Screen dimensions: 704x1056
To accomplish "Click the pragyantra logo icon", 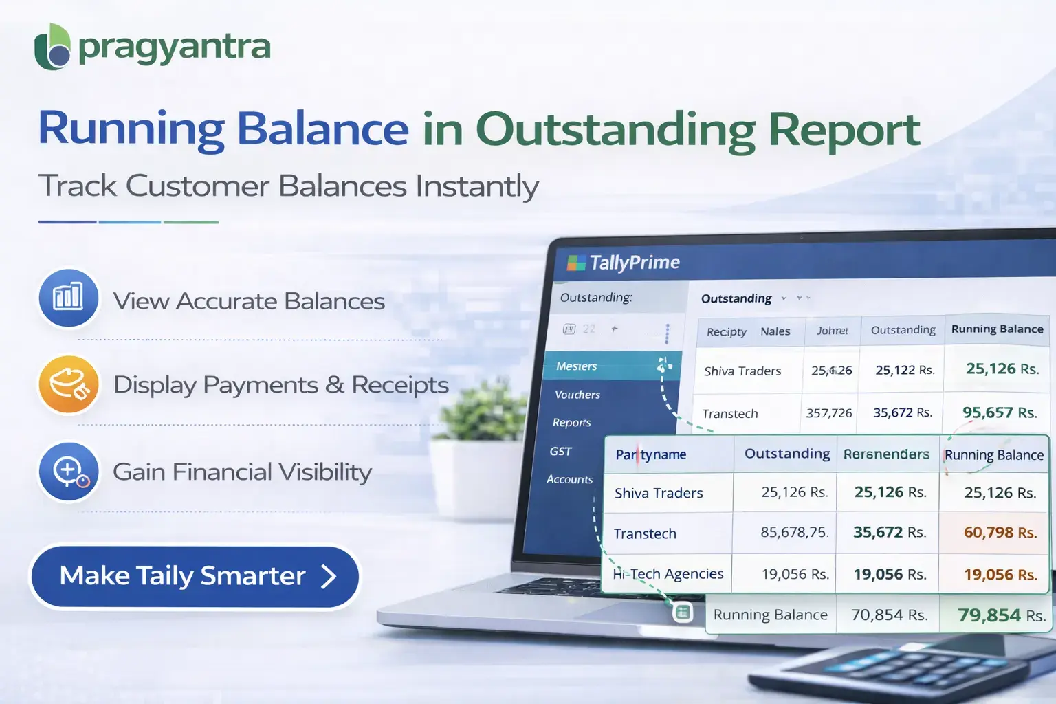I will pyautogui.click(x=52, y=47).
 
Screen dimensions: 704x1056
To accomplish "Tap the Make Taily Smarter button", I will pyautogui.click(x=195, y=576).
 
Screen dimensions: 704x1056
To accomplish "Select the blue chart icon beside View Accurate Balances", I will pyautogui.click(x=68, y=298).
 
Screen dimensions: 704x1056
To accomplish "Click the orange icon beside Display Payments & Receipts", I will pyautogui.click(x=68, y=384).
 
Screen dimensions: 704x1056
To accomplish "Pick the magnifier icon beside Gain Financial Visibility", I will pyautogui.click(x=68, y=472).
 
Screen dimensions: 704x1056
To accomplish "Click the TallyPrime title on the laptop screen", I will pyautogui.click(x=633, y=263).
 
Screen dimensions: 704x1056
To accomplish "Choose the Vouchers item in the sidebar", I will pyautogui.click(x=577, y=395).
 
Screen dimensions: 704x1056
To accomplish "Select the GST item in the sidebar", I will pyautogui.click(x=560, y=452).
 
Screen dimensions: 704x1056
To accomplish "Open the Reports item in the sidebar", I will pyautogui.click(x=571, y=423).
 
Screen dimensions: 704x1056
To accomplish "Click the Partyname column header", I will pyautogui.click(x=650, y=454).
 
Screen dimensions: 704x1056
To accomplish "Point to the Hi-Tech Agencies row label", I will pyautogui.click(x=668, y=574).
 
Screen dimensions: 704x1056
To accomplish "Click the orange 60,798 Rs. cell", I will pyautogui.click(x=1000, y=533).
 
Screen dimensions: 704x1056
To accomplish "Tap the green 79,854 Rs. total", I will pyautogui.click(x=1001, y=615).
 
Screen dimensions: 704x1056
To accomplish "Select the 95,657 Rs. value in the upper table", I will pyautogui.click(x=999, y=412).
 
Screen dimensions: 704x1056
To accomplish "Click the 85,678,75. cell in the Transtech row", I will pyautogui.click(x=794, y=533).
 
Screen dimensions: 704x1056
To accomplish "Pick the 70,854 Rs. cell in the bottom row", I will pyautogui.click(x=889, y=615).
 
